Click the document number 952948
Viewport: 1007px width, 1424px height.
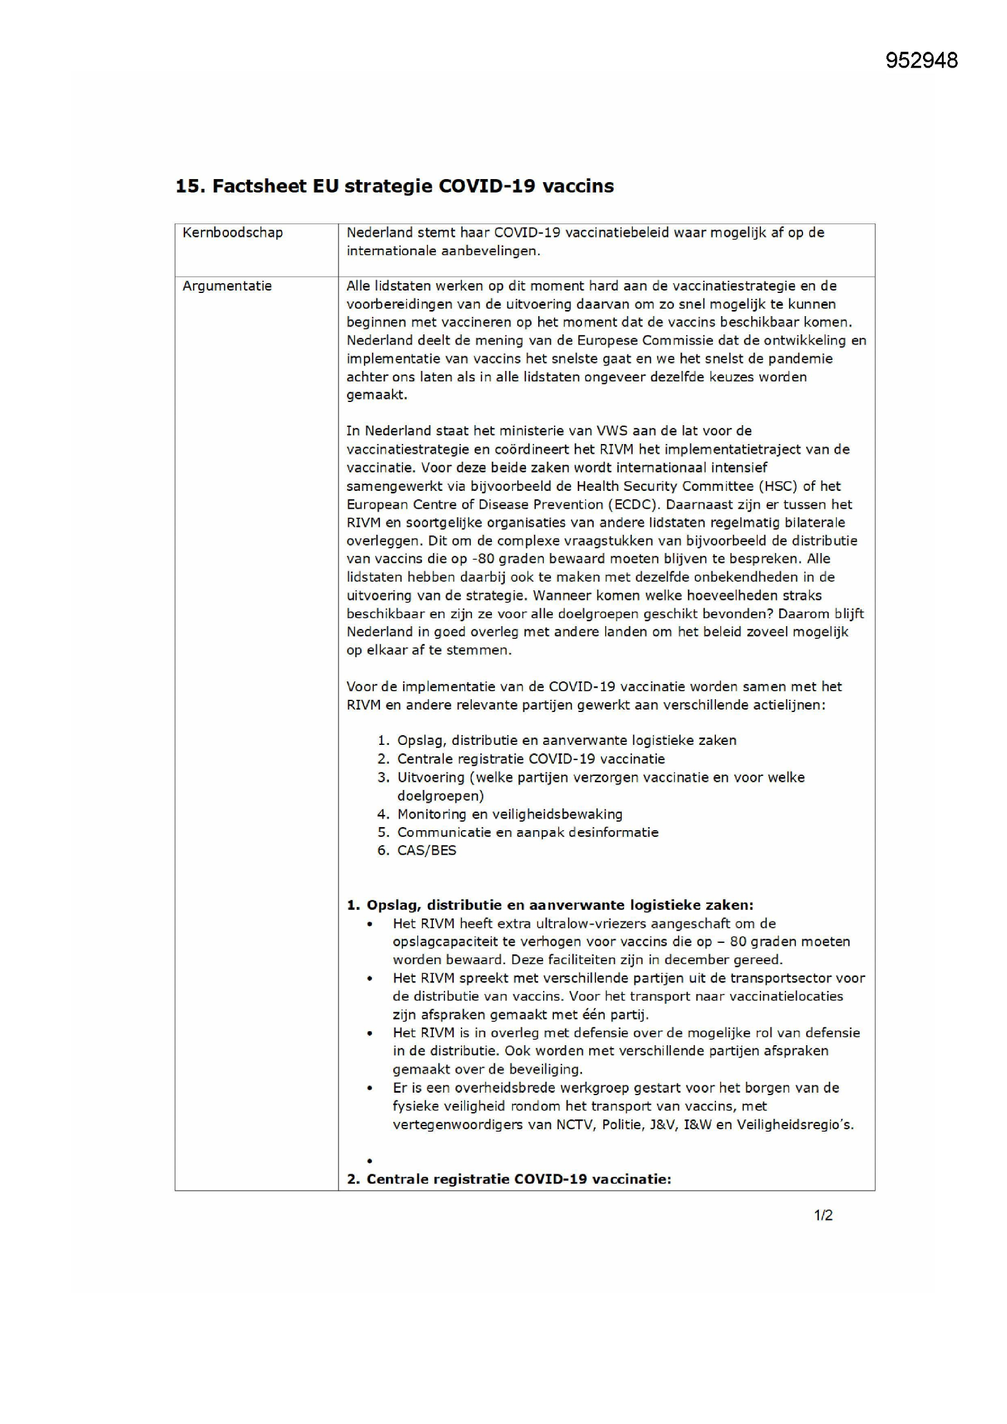921,60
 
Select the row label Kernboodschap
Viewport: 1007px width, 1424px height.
233,233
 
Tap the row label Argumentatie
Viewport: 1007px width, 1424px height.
227,286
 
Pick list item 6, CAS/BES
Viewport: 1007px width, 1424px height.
427,850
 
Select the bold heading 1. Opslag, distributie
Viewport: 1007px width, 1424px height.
549,905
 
